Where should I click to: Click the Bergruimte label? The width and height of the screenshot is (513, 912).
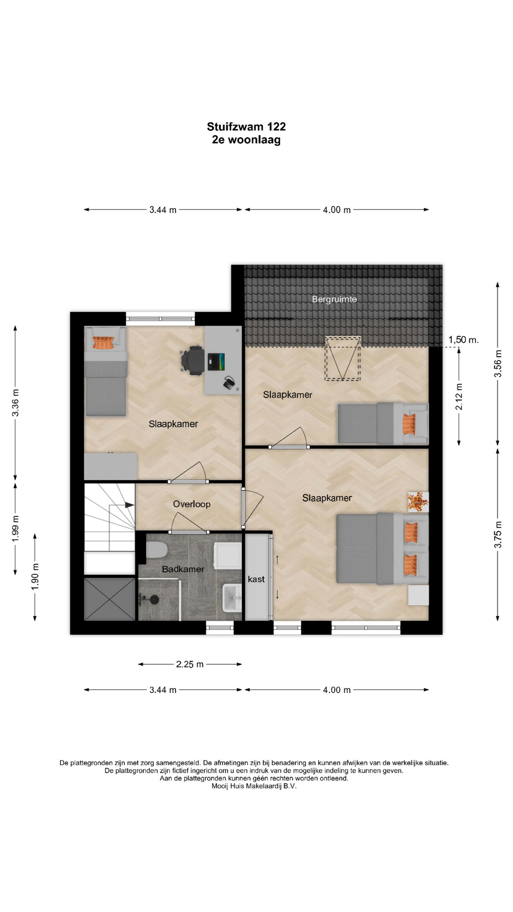click(x=334, y=299)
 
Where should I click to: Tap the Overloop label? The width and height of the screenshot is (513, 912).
click(x=191, y=504)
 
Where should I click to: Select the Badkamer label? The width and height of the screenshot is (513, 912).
click(x=183, y=569)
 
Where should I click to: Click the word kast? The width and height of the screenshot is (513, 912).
click(x=256, y=579)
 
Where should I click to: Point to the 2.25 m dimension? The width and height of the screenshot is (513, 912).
click(x=190, y=664)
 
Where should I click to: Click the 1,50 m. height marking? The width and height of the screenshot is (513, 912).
click(x=464, y=340)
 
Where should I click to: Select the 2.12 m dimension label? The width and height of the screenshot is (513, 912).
click(x=459, y=397)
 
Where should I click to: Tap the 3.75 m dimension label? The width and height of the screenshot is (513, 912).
click(x=498, y=534)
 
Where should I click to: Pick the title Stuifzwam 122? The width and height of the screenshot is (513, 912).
click(x=246, y=126)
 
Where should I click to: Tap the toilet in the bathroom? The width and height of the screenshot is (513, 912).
click(x=157, y=550)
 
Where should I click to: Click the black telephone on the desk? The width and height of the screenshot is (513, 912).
click(x=230, y=383)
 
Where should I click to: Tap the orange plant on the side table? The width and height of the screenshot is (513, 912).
click(x=418, y=502)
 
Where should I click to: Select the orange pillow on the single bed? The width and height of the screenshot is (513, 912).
click(x=104, y=342)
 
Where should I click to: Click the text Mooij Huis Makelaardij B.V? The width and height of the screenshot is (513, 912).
click(x=254, y=786)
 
